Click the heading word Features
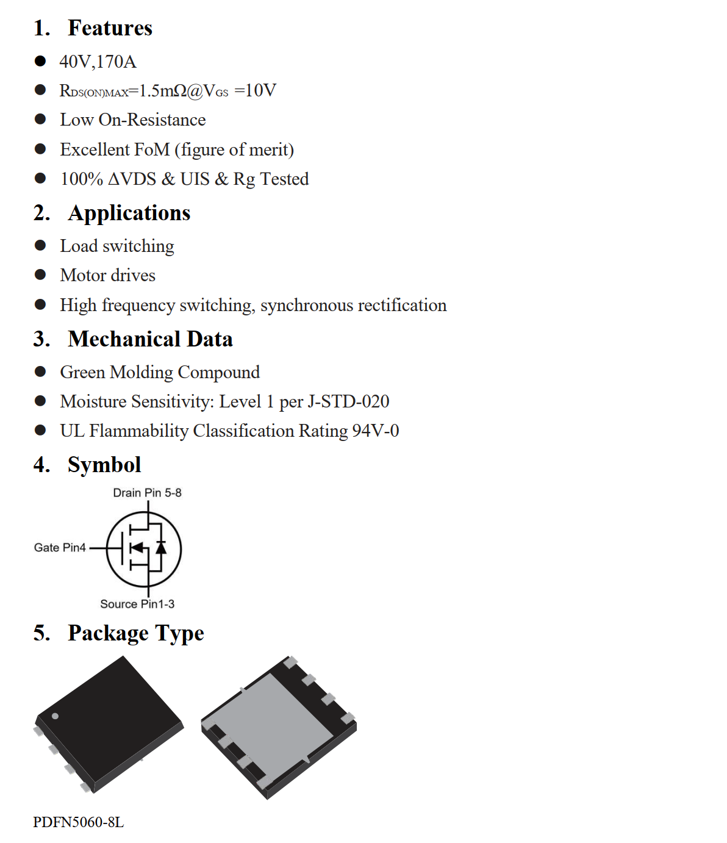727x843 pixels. [x=110, y=28]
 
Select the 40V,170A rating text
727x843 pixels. [x=98, y=62]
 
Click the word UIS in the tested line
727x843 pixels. [x=195, y=179]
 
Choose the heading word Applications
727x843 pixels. [x=129, y=213]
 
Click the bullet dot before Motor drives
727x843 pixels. [x=40, y=274]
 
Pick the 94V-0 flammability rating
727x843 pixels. [x=376, y=431]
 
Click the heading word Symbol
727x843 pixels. [x=104, y=465]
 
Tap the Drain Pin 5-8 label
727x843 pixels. [x=147, y=493]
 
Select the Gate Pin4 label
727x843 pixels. [x=60, y=548]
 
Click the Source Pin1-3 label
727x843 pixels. [x=137, y=604]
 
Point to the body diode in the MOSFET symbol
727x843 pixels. [x=161, y=547]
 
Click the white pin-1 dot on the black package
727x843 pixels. [x=55, y=716]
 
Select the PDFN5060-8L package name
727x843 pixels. [x=78, y=822]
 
